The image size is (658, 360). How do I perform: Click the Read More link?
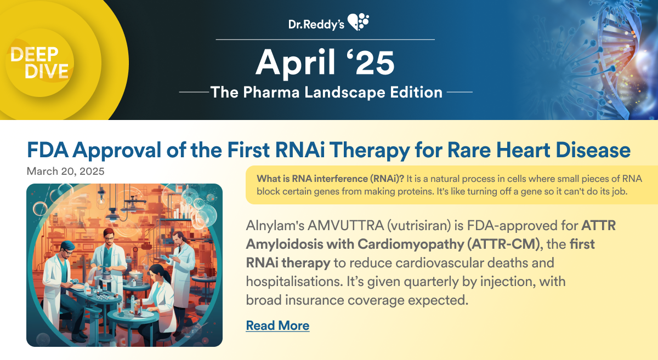coord(277,325)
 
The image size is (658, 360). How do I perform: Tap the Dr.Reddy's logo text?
coord(316,24)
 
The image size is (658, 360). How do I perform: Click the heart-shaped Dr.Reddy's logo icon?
coord(359,22)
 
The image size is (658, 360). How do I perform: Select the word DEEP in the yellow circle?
coord(35,54)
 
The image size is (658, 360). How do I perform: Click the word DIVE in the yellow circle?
coord(47,71)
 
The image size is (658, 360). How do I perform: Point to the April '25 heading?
coord(325,62)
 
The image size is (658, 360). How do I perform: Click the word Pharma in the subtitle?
coord(271,92)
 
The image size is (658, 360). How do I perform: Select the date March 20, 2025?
coord(65,171)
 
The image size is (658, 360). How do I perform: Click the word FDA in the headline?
coord(48,150)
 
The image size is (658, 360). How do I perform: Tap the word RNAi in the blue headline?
coord(299,150)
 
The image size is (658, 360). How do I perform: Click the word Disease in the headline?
coord(593,150)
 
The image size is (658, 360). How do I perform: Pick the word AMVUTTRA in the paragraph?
coord(345,226)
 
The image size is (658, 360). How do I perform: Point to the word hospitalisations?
coord(294,282)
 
